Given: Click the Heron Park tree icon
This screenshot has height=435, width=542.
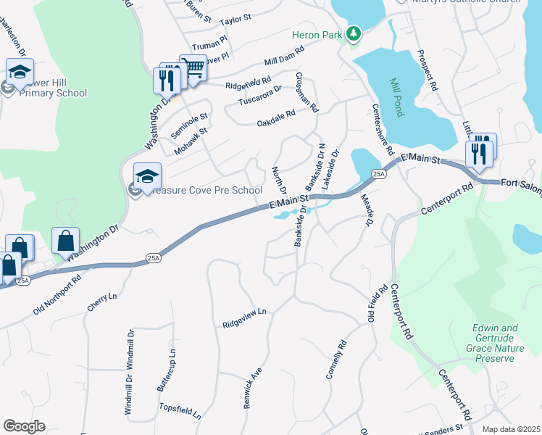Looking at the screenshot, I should tap(353, 34).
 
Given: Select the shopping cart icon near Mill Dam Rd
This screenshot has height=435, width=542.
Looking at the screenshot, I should tap(193, 69).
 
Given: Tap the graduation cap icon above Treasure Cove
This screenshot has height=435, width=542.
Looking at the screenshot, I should tap(147, 176).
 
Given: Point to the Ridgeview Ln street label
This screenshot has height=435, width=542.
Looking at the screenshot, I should tap(245, 318).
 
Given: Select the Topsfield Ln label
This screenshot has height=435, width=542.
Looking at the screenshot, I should tap(180, 413).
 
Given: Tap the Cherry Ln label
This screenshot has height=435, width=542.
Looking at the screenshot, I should tap(101, 302).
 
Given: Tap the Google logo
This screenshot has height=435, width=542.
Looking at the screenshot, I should tap(24, 426).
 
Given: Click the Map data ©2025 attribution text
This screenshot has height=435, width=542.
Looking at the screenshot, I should tap(511, 429).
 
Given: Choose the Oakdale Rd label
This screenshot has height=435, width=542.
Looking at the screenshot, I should tap(276, 119).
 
